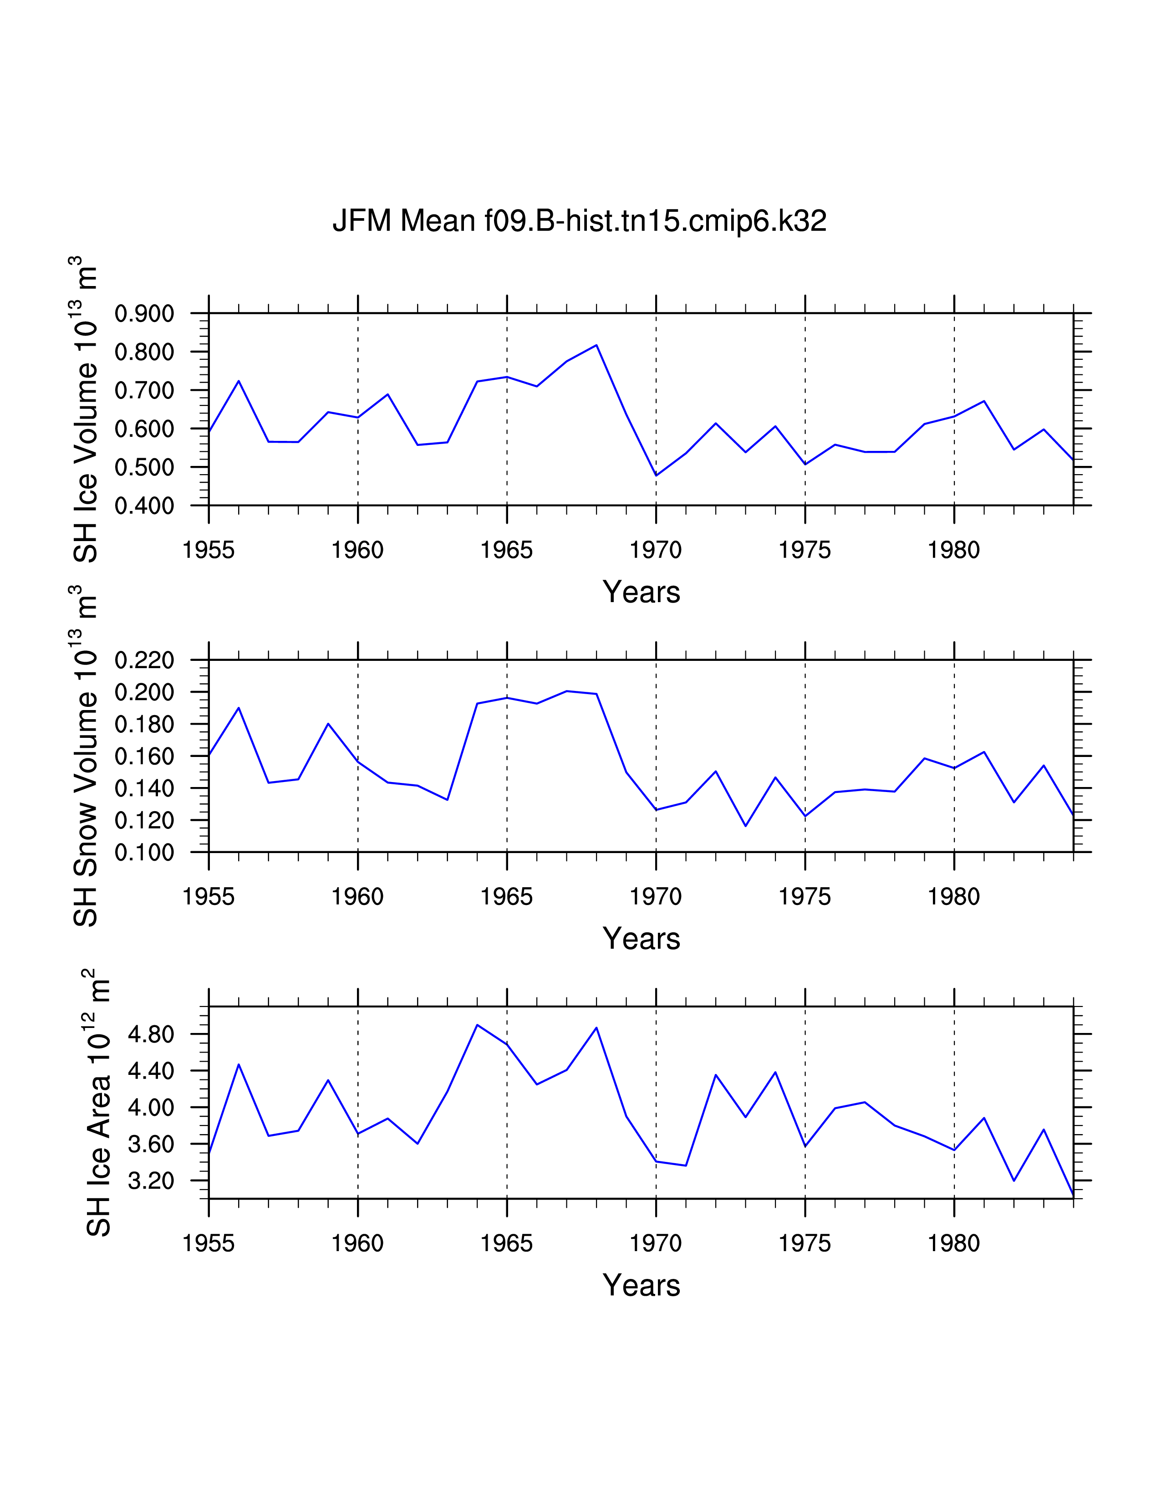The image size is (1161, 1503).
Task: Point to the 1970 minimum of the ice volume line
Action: coord(656,475)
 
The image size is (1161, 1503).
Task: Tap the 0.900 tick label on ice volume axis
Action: coord(144,314)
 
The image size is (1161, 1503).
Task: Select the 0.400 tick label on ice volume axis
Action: coord(144,506)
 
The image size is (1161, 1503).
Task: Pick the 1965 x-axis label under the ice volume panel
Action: coord(506,550)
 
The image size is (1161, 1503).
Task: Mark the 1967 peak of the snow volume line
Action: coord(567,691)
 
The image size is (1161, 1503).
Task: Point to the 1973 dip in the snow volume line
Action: coord(746,826)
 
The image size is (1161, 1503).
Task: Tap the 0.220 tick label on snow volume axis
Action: coord(144,661)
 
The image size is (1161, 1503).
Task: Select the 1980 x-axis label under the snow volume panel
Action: coord(953,897)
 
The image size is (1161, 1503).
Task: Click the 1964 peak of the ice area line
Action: coord(477,1025)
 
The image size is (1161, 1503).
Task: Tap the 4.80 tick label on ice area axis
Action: coord(151,1034)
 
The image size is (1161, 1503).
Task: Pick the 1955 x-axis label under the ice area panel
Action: coord(209,1243)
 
